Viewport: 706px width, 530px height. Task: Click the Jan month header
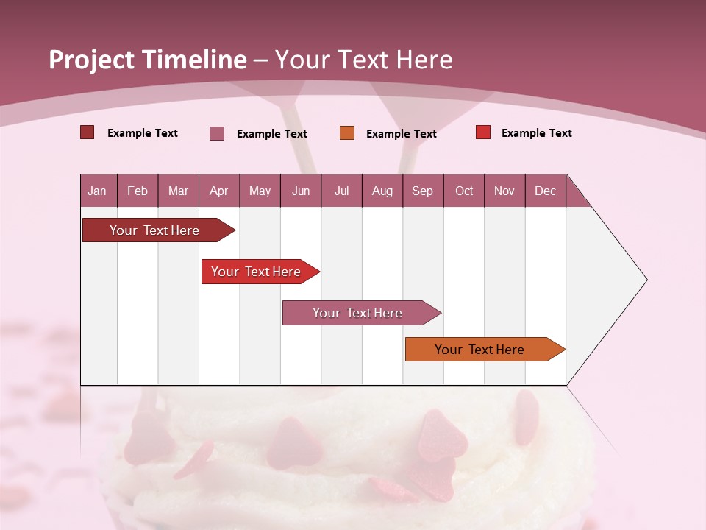(98, 191)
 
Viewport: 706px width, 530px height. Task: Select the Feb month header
(138, 191)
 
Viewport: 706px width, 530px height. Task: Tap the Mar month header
(178, 191)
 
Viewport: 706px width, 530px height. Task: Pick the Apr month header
(219, 191)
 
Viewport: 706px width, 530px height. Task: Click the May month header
(260, 191)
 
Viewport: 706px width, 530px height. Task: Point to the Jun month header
(301, 191)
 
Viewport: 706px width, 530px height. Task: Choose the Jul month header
(341, 191)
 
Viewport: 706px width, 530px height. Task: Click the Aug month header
(382, 191)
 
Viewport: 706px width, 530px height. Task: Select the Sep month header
(423, 191)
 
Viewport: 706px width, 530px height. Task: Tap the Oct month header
(464, 191)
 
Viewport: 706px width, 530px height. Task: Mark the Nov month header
(504, 191)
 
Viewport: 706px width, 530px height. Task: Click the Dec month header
(546, 191)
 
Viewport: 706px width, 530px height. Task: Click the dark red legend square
(88, 132)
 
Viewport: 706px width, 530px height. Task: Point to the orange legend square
(347, 133)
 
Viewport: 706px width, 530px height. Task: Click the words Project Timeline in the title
(147, 60)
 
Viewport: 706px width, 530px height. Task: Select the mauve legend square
(217, 133)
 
